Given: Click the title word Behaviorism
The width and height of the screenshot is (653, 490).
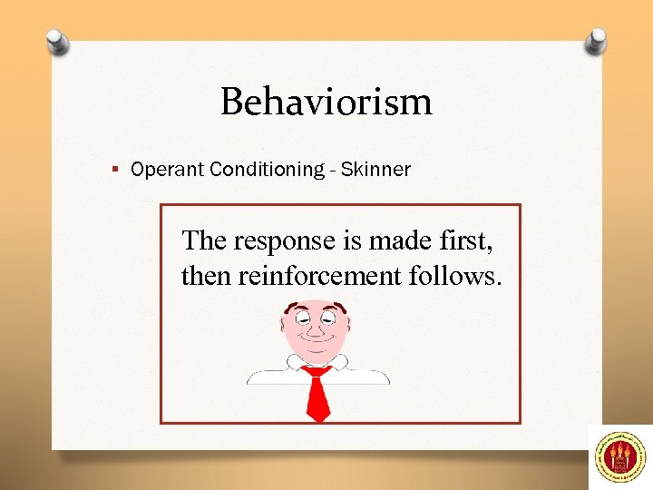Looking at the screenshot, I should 326,102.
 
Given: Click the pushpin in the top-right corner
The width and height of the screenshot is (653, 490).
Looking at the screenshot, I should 595,41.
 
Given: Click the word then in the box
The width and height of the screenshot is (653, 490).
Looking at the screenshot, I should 207,275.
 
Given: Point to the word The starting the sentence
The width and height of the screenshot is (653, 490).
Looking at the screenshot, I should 205,240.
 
